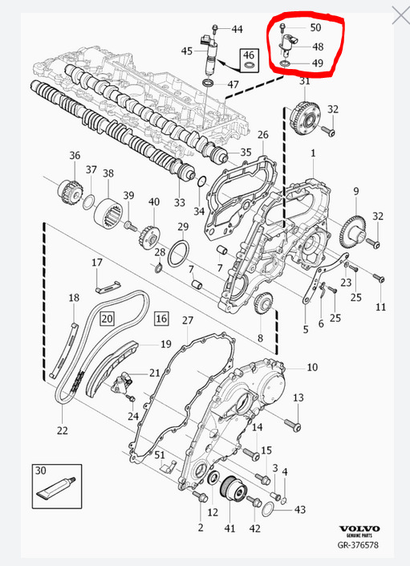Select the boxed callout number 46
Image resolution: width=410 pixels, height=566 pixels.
point(250,55)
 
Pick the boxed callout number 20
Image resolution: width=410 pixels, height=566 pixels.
point(107,319)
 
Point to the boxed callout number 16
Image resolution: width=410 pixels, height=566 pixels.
point(161,319)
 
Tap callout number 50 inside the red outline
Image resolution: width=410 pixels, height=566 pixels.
point(316,28)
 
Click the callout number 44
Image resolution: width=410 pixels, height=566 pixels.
point(237,29)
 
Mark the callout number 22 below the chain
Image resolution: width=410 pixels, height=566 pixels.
point(63,431)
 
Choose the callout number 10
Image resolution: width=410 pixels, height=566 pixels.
point(312,367)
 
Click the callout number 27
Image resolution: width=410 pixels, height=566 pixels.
point(187,321)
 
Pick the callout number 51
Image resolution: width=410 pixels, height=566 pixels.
point(160,456)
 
